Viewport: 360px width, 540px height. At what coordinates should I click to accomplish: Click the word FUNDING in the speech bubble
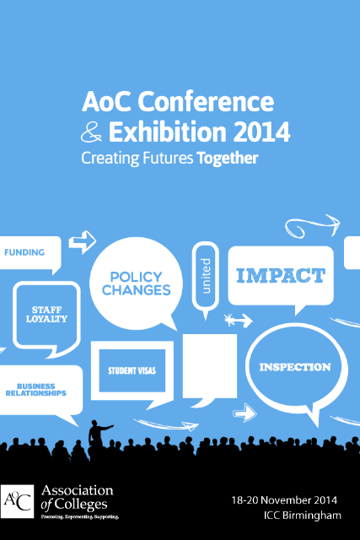pyautogui.click(x=24, y=252)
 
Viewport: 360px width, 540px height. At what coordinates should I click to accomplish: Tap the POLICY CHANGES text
pyautogui.click(x=137, y=283)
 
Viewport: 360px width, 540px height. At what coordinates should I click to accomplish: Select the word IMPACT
pyautogui.click(x=281, y=276)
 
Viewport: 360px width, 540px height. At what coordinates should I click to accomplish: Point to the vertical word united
pyautogui.click(x=205, y=276)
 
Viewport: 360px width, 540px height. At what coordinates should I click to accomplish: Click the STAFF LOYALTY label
pyautogui.click(x=46, y=315)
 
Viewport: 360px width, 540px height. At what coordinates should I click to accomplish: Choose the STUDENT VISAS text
pyautogui.click(x=132, y=370)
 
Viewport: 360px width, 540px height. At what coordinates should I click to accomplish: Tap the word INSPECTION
pyautogui.click(x=295, y=367)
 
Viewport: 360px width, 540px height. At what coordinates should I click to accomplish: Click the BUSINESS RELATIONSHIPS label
pyautogui.click(x=36, y=390)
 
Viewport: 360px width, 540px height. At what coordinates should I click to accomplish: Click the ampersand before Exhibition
pyautogui.click(x=92, y=132)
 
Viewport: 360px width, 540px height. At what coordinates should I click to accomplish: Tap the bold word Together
pyautogui.click(x=228, y=158)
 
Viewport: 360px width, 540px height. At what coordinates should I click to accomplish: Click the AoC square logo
pyautogui.click(x=17, y=501)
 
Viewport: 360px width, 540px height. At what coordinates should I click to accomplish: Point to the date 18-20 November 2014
pyautogui.click(x=284, y=500)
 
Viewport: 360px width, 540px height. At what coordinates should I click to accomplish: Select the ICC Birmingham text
pyautogui.click(x=303, y=516)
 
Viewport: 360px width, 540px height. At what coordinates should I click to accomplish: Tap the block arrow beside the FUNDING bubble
pyautogui.click(x=83, y=242)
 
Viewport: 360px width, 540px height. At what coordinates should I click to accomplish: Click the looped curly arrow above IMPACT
pyautogui.click(x=312, y=226)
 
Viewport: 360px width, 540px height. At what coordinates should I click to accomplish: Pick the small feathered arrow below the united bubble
pyautogui.click(x=238, y=321)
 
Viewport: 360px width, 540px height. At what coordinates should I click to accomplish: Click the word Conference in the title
pyautogui.click(x=206, y=101)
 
